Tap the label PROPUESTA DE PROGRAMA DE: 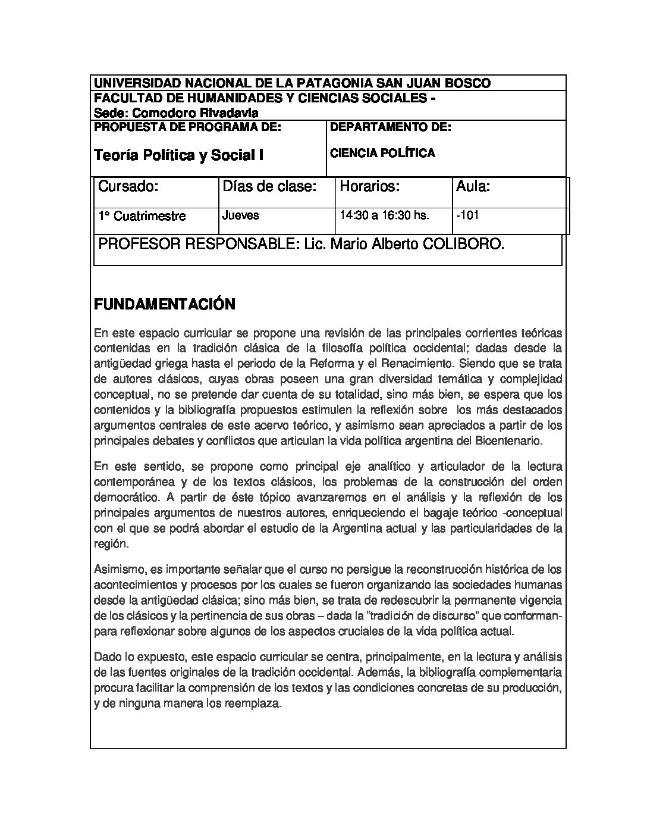tap(187, 127)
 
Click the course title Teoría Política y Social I tap(179, 155)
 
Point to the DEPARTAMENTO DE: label tap(391, 127)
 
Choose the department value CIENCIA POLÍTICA tap(382, 153)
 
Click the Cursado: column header tap(128, 187)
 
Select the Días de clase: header tap(269, 187)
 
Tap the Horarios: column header tap(369, 187)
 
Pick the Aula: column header tap(473, 187)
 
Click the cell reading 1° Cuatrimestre tap(142, 216)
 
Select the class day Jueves tap(241, 215)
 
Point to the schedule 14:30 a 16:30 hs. tap(384, 215)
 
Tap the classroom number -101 tap(467, 215)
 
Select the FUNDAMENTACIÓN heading tap(165, 305)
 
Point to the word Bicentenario tap(510, 441)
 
